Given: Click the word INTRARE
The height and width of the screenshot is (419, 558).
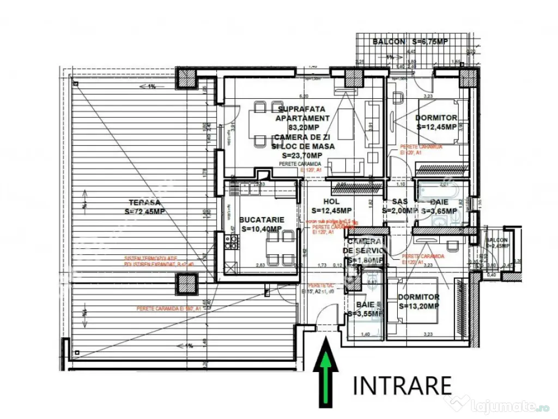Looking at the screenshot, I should point(403,385).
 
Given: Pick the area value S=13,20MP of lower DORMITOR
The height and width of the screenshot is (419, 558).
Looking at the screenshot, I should point(418,306).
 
